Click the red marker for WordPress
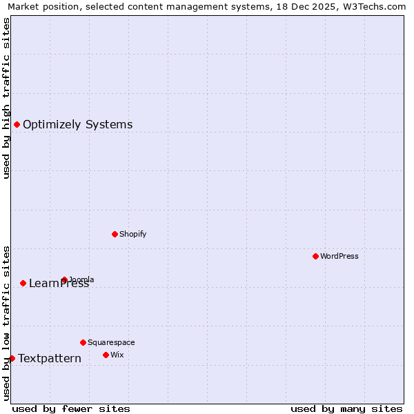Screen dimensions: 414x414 coord(315,256)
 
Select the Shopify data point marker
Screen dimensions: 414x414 coord(115,234)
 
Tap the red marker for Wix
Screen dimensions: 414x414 coord(106,355)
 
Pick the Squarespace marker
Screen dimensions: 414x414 coord(83,342)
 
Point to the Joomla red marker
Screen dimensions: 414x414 coord(64,280)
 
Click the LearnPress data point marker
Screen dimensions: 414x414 coord(23,283)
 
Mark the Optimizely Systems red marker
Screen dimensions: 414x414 coord(17,124)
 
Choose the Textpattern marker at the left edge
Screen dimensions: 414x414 coord(12,358)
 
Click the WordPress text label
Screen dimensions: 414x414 coord(339,256)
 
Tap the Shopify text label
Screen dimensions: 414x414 coord(133,234)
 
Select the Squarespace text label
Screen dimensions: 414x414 coord(111,342)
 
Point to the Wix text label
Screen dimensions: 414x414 coord(117,355)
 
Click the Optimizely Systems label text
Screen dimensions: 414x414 coord(77,124)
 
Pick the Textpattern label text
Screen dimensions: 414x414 coord(50,358)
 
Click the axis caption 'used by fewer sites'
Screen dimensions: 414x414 coord(71,408)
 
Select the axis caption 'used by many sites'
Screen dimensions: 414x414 coord(346,408)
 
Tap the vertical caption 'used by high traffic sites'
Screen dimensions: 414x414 coord(6,98)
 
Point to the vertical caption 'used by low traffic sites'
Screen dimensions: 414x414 coord(6,323)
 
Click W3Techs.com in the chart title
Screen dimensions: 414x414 coord(377,6)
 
